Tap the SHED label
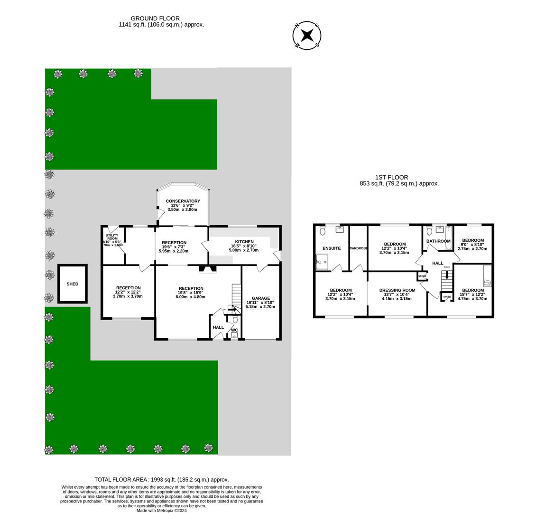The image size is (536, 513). [x=73, y=284]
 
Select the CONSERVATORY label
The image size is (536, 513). [x=183, y=201]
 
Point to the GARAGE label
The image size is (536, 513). [x=261, y=298]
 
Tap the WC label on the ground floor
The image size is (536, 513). [x=234, y=330]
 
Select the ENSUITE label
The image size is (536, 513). [x=332, y=248]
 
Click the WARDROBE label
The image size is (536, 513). [x=358, y=248]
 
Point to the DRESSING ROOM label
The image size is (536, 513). [x=397, y=290]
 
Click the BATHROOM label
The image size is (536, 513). [x=438, y=241]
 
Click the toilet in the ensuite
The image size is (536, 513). [x=323, y=231]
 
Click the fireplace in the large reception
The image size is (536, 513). [x=207, y=269]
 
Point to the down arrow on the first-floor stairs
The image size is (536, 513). [x=446, y=274]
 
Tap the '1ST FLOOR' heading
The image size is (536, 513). [x=391, y=177]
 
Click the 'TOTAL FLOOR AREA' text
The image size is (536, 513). [x=161, y=480]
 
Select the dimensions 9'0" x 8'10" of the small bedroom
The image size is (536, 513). [x=472, y=245]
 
